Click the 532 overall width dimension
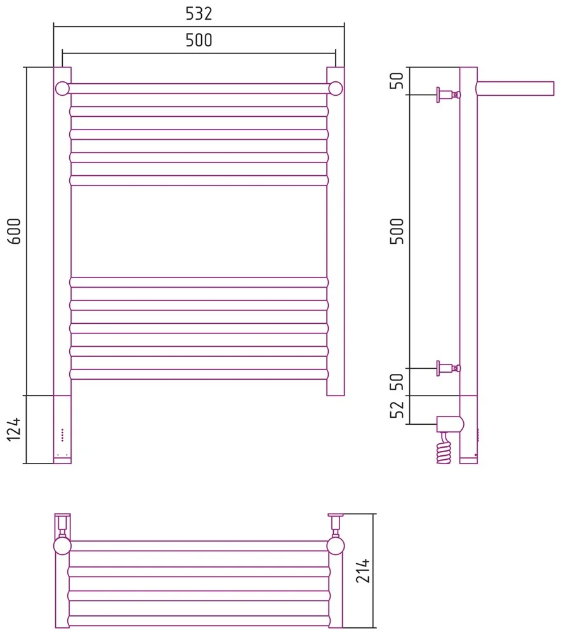click(199, 14)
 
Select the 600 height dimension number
click(14, 231)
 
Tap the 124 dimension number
click(14, 429)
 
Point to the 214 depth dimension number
click(362, 571)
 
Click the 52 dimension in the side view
click(397, 409)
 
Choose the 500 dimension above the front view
click(199, 40)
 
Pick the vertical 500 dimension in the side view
click(397, 231)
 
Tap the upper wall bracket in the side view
click(448, 95)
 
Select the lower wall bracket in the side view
click(448, 368)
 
